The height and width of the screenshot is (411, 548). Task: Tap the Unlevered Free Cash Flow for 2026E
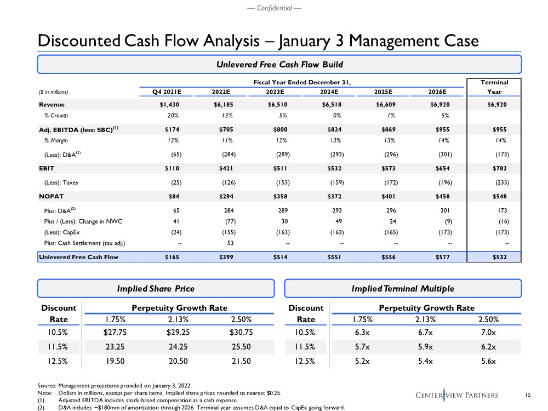point(437,256)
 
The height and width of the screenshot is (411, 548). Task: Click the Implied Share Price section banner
point(156,288)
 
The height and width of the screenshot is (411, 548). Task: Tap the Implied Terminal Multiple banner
point(403,288)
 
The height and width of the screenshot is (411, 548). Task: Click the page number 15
point(528,395)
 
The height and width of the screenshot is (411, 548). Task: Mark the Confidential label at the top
point(274,8)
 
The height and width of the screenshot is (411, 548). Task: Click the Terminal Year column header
point(494,87)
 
